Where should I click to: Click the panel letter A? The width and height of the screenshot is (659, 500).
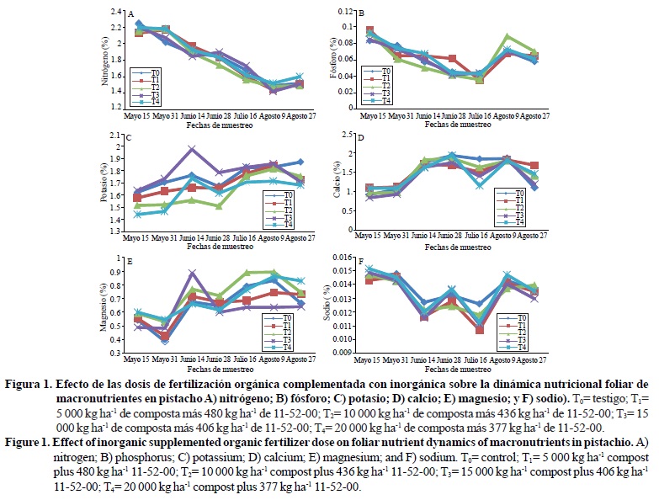(130, 13)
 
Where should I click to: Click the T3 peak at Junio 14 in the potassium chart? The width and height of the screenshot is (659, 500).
(192, 149)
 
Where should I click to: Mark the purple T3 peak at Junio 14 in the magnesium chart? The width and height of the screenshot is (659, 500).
(192, 273)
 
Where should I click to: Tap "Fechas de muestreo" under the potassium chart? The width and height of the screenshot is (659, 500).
(213, 247)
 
